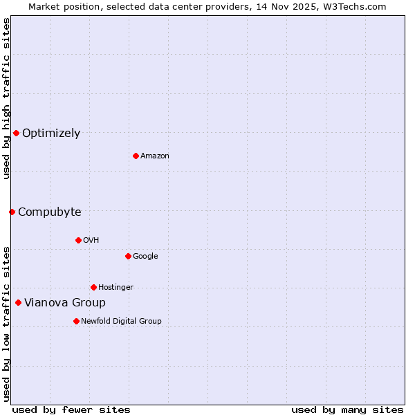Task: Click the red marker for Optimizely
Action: click(x=16, y=133)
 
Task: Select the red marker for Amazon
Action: click(x=136, y=156)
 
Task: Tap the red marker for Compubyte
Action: click(x=12, y=212)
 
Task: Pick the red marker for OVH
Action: click(x=78, y=240)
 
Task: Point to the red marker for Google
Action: click(x=128, y=256)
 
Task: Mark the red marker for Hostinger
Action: click(x=93, y=287)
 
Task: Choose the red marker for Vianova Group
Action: click(x=18, y=302)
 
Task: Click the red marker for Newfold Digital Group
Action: click(x=76, y=321)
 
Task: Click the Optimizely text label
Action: click(x=51, y=133)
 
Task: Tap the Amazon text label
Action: click(x=155, y=156)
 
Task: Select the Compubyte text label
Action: click(x=50, y=212)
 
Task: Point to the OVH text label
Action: click(x=91, y=241)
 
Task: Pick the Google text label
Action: click(x=145, y=257)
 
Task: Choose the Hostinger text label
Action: click(x=116, y=288)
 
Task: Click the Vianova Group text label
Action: click(x=65, y=303)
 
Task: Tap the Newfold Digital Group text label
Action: click(x=121, y=322)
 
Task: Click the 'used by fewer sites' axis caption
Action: click(x=71, y=409)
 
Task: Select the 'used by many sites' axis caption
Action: click(x=347, y=409)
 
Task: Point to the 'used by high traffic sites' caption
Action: click(x=6, y=99)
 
